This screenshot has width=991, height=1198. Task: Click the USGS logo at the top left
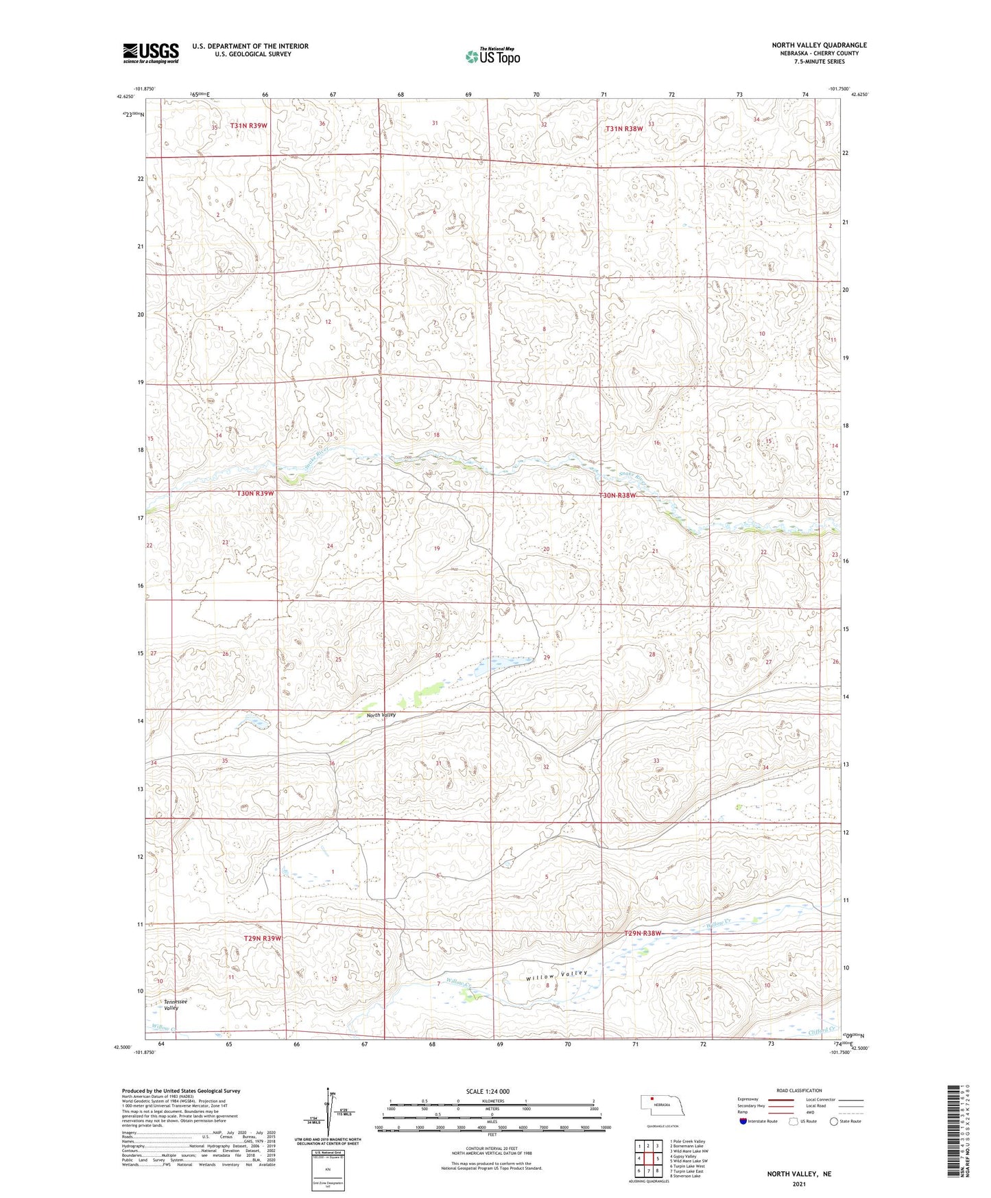pos(151,53)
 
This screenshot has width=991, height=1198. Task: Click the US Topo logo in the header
pos(492,56)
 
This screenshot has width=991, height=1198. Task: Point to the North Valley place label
pos(381,715)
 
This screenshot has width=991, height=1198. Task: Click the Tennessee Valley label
pos(170,1005)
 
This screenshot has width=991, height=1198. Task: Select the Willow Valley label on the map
pos(557,974)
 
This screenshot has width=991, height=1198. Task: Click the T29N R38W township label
pos(643,933)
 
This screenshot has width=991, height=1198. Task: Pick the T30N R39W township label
pos(255,493)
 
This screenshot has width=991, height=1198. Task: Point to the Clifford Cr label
pos(823,1031)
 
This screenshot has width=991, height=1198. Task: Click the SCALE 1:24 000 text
pos(488,1091)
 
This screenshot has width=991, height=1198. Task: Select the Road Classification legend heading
pos(799,1090)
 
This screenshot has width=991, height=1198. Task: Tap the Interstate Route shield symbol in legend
pos(743,1121)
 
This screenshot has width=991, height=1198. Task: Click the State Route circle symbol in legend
pos(834,1121)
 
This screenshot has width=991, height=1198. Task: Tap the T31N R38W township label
pos(624,128)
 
